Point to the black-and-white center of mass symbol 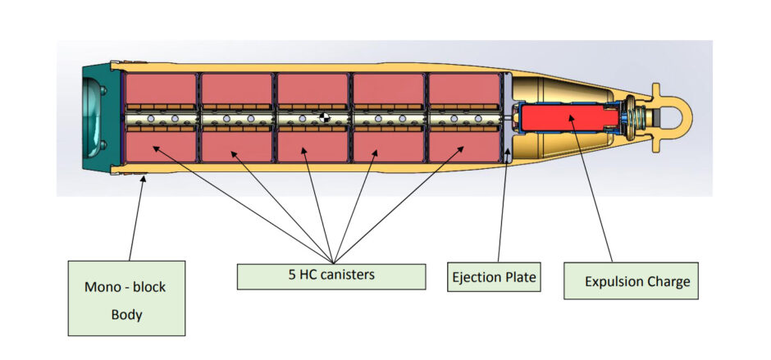(x=326, y=120)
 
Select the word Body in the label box (x=126, y=315)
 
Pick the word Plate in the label (x=521, y=277)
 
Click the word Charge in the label (x=668, y=282)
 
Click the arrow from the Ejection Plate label (x=502, y=205)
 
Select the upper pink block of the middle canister (x=312, y=89)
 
